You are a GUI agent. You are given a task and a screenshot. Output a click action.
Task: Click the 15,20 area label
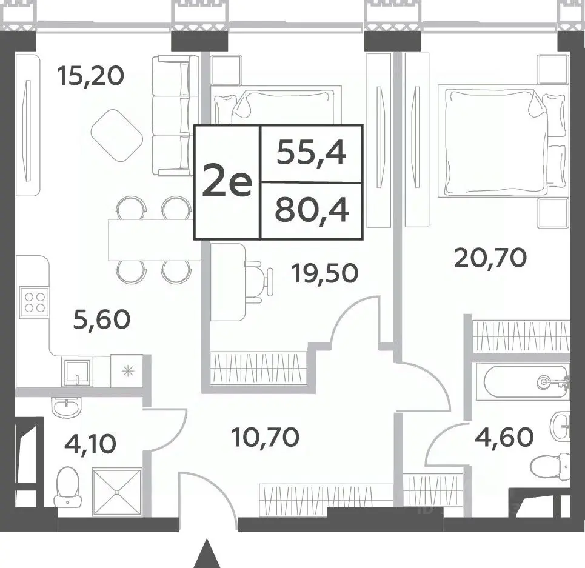pos(91,76)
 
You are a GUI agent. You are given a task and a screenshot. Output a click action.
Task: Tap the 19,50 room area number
pos(326,273)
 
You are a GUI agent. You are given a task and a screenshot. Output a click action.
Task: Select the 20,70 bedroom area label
pos(490,258)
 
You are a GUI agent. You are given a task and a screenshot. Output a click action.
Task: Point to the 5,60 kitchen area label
pos(102,320)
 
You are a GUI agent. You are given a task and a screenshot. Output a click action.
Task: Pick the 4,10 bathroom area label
pos(90,444)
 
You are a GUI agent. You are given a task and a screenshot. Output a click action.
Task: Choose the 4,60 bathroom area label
pos(504,437)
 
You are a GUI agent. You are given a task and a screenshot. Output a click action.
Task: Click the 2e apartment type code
pos(227,182)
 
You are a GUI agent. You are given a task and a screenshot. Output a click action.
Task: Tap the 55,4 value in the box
pos(312,153)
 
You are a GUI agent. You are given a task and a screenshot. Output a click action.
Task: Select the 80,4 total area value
pos(312,211)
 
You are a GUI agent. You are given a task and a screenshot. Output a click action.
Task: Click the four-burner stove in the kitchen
pos(35,302)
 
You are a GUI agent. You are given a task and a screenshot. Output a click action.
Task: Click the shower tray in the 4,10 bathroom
pos(117,492)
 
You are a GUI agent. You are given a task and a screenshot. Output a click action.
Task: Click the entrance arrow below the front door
pos(206,553)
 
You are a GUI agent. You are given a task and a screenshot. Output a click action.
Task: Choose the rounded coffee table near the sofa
pos(117,135)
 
